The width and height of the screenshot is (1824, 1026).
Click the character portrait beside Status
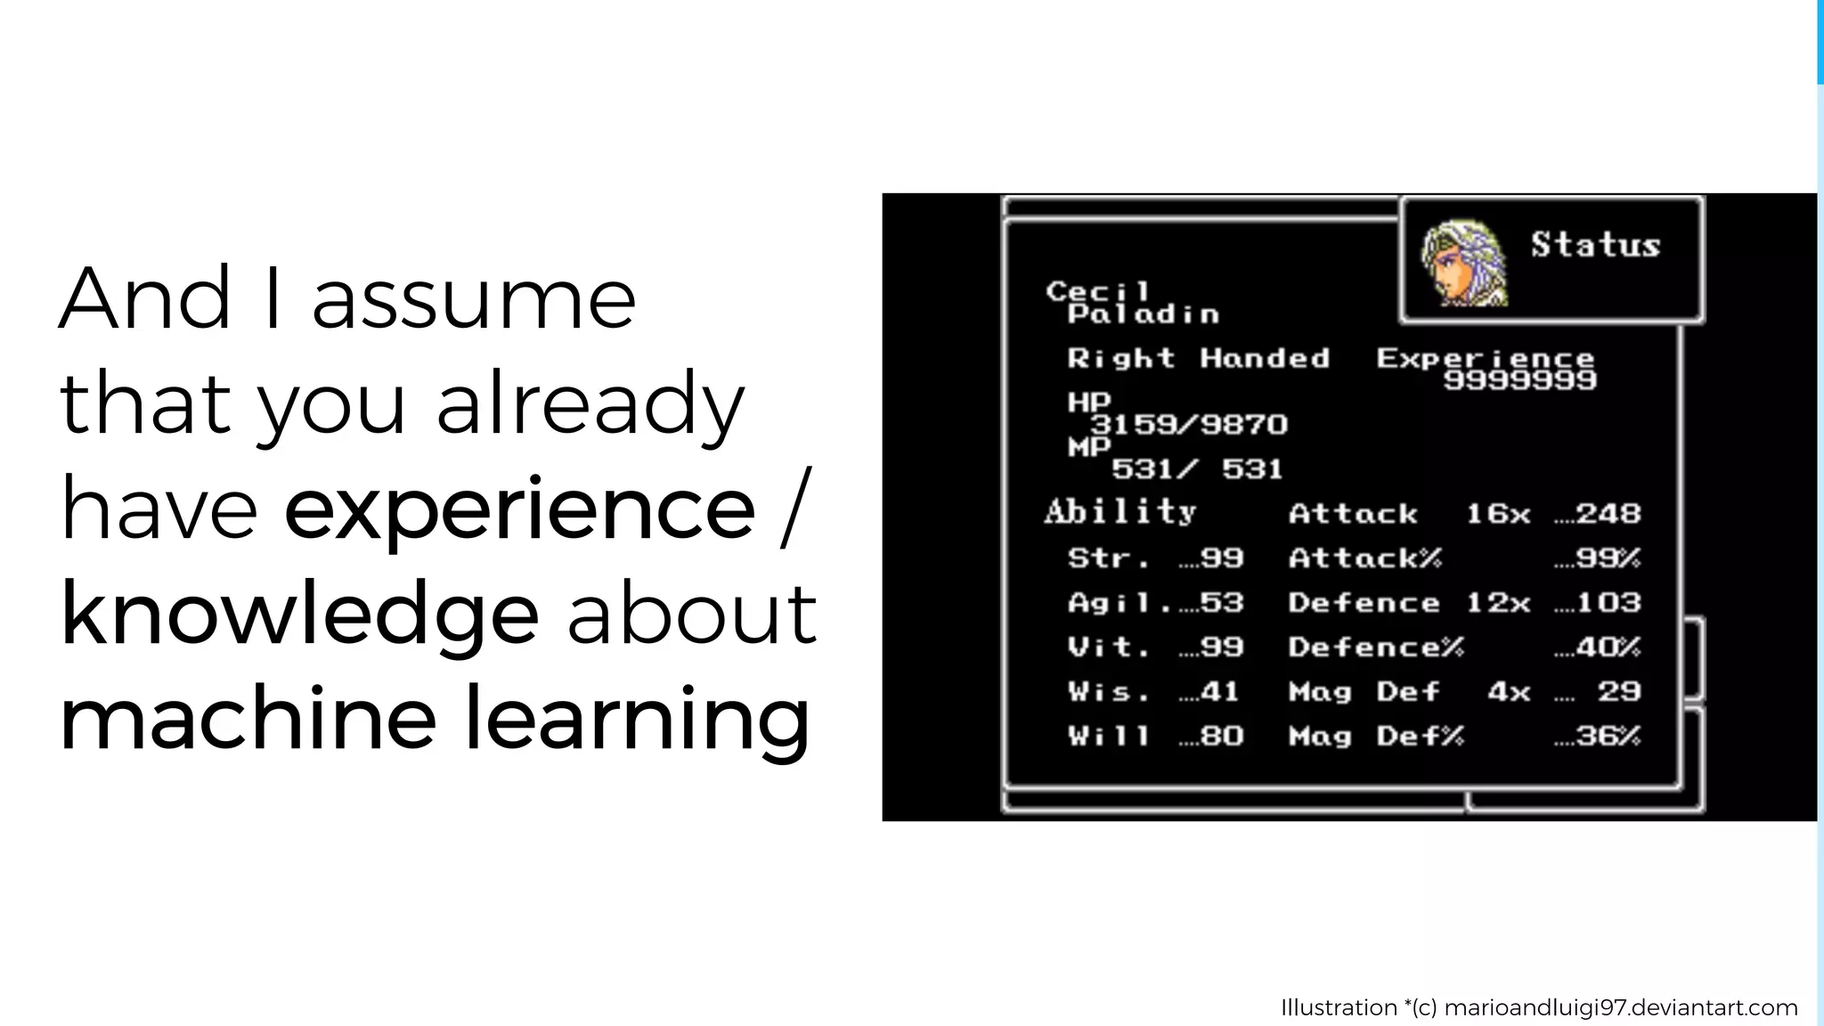[1463, 264]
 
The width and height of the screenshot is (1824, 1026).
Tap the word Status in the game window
[1595, 245]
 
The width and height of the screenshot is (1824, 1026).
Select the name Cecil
[1098, 290]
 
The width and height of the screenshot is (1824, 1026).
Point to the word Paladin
[1144, 314]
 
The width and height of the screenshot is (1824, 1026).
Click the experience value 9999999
[1519, 381]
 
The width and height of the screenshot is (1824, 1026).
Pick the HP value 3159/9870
[1189, 425]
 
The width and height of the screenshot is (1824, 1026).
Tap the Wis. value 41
[1218, 692]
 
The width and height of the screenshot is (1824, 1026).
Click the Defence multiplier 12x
[1498, 603]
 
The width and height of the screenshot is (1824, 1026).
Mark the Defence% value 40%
[1608, 647]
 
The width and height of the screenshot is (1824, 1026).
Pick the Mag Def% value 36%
[1608, 737]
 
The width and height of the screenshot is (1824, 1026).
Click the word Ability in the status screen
[1120, 512]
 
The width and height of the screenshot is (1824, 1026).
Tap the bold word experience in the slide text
[519, 510]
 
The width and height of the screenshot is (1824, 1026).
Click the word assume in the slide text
[473, 299]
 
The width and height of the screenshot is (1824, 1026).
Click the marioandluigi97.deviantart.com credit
[1620, 1008]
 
